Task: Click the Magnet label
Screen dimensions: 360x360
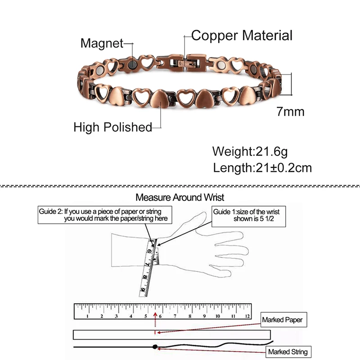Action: [x=101, y=43]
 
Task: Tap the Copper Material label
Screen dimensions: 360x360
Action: [x=242, y=36]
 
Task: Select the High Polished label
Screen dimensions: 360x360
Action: [x=112, y=127]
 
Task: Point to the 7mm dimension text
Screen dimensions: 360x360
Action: [x=290, y=112]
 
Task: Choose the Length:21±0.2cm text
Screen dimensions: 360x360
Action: [x=262, y=168]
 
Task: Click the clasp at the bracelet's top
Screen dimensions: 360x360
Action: [x=186, y=62]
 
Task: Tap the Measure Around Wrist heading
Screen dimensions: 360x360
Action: [x=180, y=197]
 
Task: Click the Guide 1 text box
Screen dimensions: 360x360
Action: [x=249, y=215]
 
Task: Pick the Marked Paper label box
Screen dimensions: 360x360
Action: [x=282, y=320]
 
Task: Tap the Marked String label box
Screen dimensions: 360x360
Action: [x=288, y=351]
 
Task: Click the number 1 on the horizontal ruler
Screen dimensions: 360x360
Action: [x=87, y=316]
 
